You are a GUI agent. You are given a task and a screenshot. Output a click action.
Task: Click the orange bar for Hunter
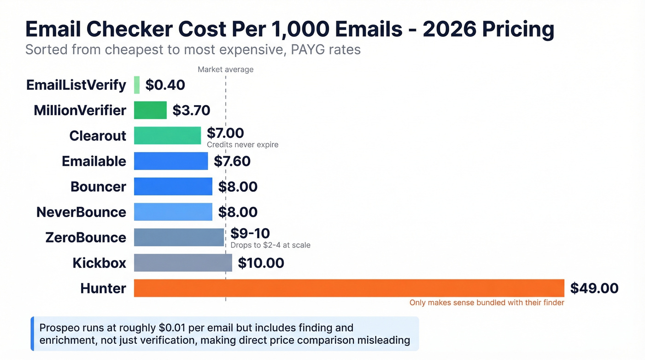349,288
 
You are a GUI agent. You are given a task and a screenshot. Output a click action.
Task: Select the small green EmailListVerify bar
137,85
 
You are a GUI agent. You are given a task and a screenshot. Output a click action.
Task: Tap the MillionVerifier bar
150,111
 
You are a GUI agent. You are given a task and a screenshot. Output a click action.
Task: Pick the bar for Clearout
167,136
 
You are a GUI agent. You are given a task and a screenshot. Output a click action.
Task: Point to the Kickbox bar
183,263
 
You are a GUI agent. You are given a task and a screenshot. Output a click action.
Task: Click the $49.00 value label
594,288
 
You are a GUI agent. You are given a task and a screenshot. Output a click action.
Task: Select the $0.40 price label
165,85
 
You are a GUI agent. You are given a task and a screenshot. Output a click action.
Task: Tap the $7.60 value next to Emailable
232,161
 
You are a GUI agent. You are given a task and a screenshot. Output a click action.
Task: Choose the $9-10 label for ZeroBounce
250,233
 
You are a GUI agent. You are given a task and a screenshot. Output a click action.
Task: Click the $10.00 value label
261,263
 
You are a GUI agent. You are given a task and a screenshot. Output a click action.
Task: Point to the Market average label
225,70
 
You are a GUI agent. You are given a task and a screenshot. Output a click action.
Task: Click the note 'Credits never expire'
242,145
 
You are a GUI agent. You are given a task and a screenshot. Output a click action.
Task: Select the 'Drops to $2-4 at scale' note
270,245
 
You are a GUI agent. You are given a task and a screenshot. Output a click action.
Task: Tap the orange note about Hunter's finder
487,303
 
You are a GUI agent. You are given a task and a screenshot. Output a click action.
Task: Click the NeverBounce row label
81,212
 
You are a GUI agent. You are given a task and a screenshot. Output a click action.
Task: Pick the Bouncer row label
98,187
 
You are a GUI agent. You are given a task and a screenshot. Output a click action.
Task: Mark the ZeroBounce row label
86,237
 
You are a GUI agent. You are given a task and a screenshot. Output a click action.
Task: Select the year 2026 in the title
449,30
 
